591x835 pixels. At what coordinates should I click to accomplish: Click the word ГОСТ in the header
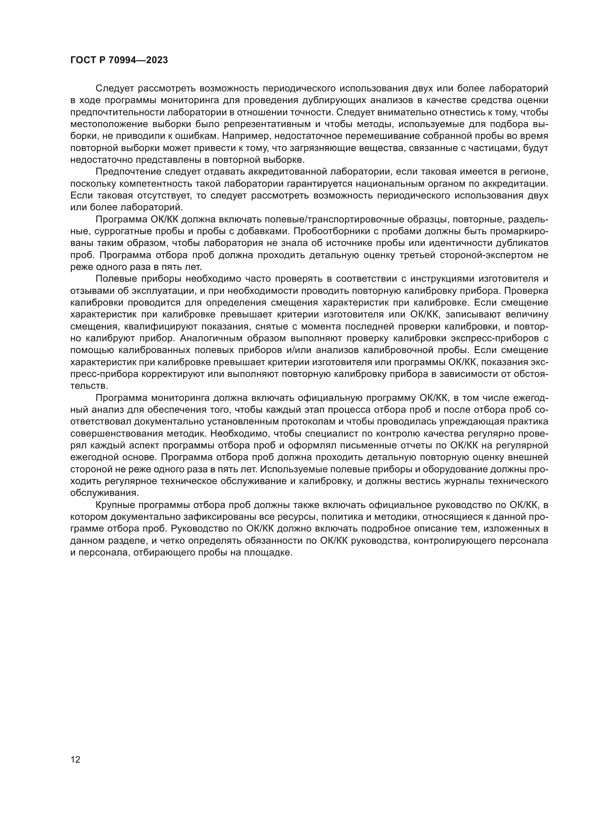tap(83, 60)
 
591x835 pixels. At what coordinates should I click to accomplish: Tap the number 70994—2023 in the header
tap(138, 60)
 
